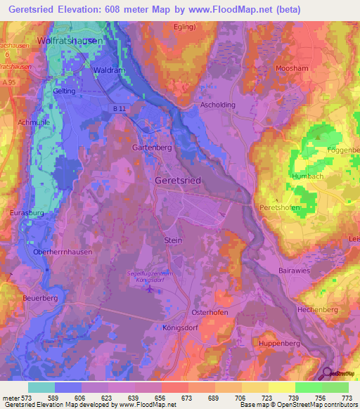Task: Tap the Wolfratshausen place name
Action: point(70,41)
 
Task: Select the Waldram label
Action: point(106,70)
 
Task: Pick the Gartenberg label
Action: point(153,148)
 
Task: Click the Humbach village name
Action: point(307,176)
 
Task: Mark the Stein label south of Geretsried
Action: point(173,240)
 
